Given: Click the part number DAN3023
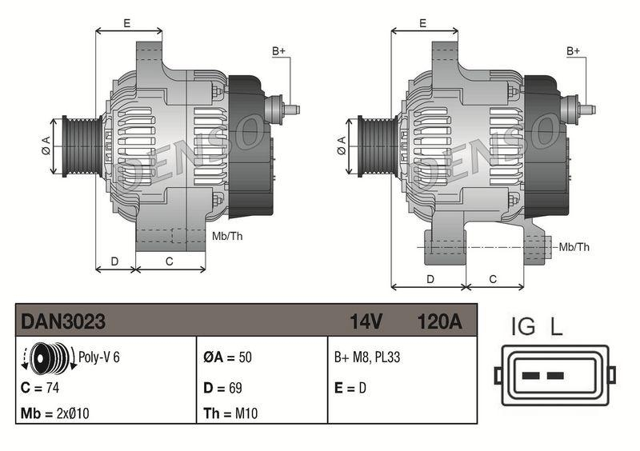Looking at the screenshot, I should (63, 321).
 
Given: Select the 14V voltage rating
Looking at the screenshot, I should (366, 321).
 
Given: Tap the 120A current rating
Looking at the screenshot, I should (439, 321).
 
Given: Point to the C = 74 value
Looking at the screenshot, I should (42, 388).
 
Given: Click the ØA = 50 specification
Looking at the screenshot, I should (227, 357).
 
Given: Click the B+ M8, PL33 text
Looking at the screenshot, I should (367, 357).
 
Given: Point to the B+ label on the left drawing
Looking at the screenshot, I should (278, 51).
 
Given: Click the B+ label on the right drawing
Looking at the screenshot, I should (573, 51).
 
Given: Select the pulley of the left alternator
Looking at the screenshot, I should (80, 144).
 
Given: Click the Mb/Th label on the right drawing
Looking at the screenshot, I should (574, 247).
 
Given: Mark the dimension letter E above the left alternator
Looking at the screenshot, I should (127, 23).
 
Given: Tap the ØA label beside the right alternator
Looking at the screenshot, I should (342, 145).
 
